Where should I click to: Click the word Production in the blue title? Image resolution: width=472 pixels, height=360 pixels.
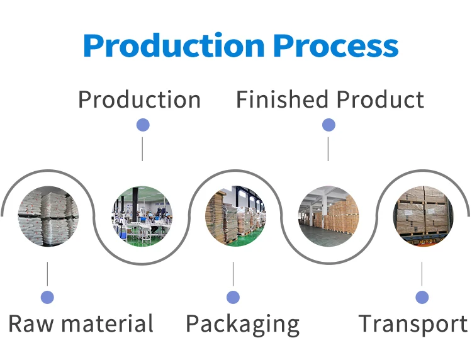point(174,46)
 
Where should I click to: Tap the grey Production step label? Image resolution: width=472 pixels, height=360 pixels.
point(139,99)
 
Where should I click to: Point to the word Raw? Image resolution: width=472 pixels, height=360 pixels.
point(31,324)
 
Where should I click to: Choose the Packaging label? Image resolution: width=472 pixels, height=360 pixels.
point(242,325)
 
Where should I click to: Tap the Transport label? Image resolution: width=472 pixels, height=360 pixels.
point(413,324)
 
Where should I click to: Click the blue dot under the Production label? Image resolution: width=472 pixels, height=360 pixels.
point(143,125)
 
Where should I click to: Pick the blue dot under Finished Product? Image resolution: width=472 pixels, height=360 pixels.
point(329,125)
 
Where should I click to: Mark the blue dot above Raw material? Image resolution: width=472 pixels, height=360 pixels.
point(47,297)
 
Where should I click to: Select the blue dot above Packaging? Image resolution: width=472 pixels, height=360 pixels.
point(233,297)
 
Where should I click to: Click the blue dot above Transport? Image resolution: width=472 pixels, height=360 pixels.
point(422,297)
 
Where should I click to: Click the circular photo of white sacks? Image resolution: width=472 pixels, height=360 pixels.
point(48,216)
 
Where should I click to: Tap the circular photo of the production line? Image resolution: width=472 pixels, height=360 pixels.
point(142,216)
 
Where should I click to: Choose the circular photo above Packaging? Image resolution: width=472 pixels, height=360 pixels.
point(235,216)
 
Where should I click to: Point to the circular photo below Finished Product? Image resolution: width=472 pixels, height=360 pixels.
point(329,216)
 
